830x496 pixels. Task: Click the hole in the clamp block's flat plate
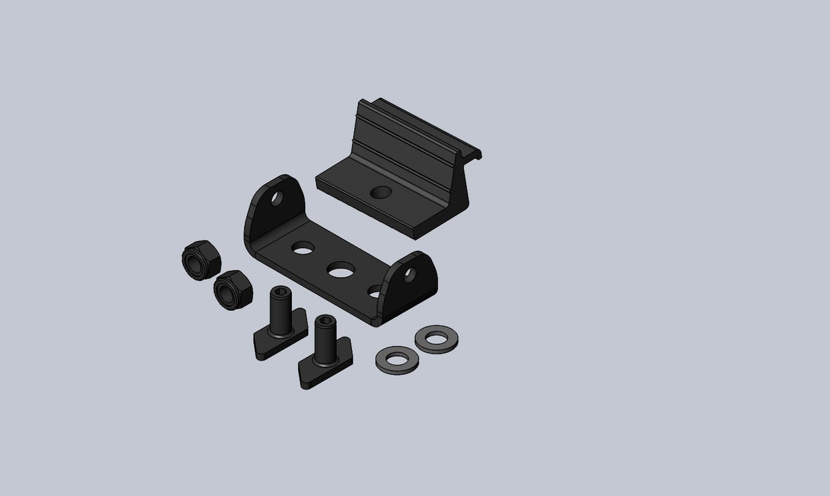point(378,192)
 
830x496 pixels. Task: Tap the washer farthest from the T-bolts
point(437,338)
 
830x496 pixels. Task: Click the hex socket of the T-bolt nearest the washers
point(323,323)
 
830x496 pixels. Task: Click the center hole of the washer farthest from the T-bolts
point(437,338)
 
